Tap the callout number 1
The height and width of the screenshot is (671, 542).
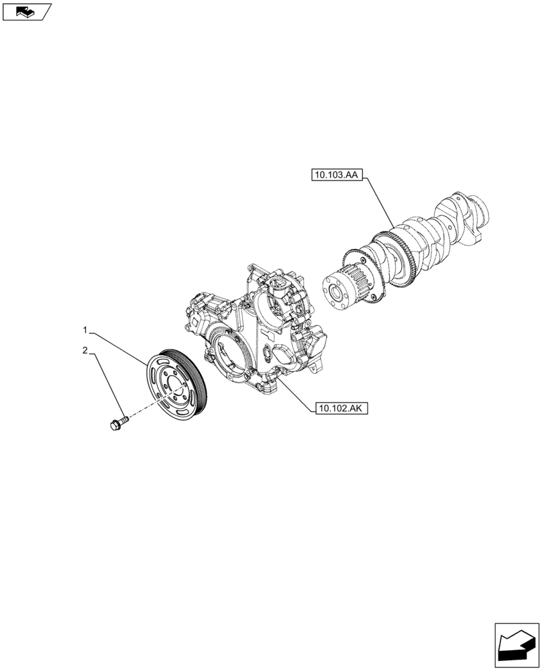(x=85, y=330)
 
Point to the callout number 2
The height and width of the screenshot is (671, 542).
(x=85, y=350)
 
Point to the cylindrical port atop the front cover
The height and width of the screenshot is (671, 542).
(x=278, y=289)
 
